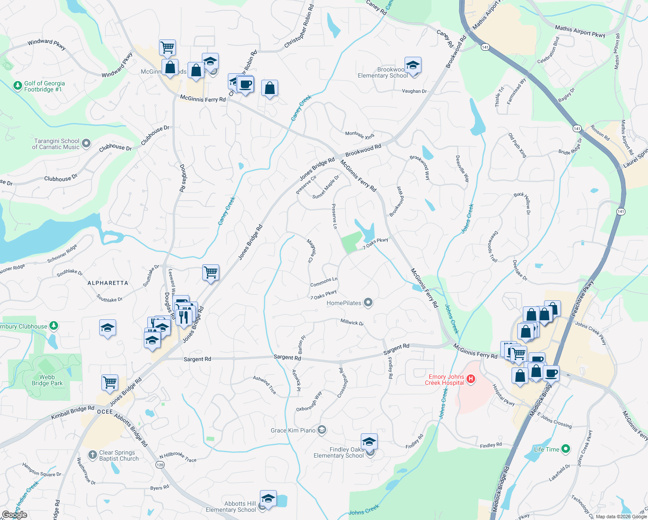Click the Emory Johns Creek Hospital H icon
(471, 379)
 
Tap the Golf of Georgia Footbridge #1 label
(44, 87)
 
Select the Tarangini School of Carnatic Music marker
(86, 143)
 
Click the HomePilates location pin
(368, 302)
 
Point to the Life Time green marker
(565, 449)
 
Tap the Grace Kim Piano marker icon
(322, 430)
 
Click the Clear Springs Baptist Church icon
(92, 455)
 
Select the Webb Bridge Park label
(47, 380)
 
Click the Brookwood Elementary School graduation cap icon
(413, 66)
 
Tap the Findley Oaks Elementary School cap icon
(369, 442)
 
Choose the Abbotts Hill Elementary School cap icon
(268, 499)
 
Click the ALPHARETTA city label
(108, 283)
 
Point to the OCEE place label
(105, 412)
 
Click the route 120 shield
(160, 465)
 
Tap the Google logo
(14, 515)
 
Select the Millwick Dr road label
(352, 322)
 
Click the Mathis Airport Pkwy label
(580, 31)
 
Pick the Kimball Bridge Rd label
(72, 412)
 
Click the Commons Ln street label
(324, 282)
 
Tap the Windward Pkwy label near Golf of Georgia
(46, 44)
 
